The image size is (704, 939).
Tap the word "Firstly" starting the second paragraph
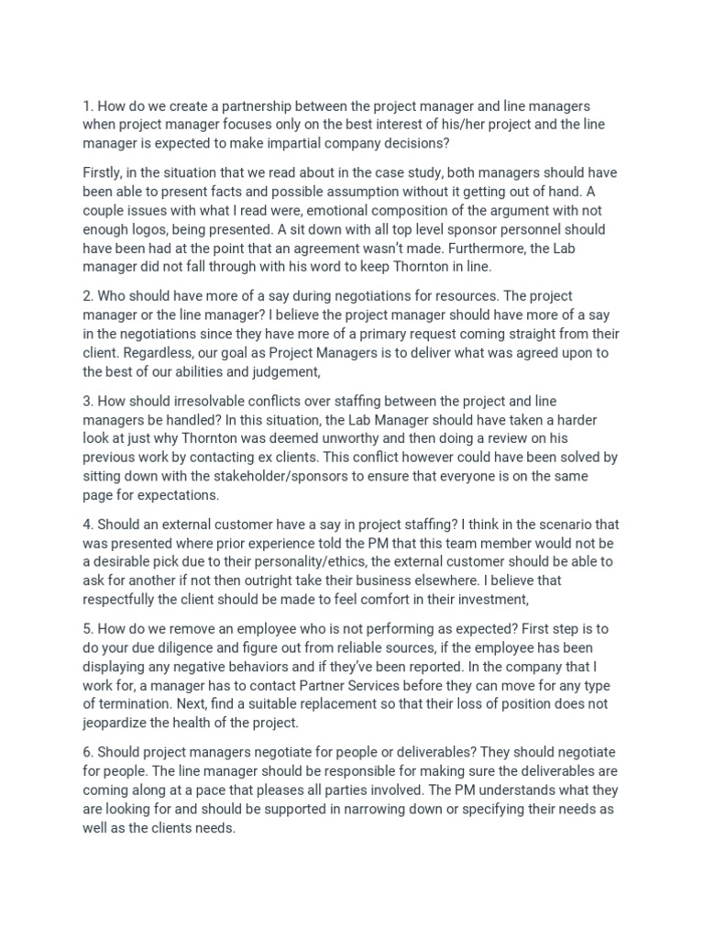[x=105, y=173]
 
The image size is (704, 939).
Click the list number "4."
[x=87, y=525]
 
